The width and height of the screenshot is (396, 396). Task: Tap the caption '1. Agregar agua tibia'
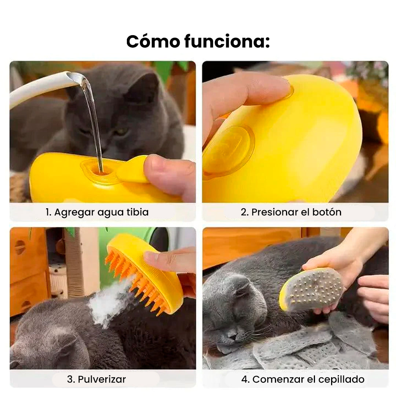(97, 212)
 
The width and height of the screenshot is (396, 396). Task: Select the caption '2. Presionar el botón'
(291, 212)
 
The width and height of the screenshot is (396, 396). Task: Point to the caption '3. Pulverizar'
(102, 379)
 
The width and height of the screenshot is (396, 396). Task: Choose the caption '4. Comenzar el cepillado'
(302, 379)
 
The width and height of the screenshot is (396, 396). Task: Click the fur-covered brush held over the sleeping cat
(312, 290)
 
